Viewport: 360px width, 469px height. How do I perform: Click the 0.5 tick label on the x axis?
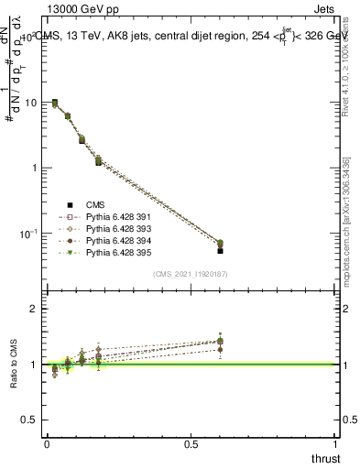(x=191, y=443)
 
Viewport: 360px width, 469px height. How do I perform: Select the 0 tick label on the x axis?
(x=47, y=443)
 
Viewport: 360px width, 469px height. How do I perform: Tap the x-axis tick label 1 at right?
(x=336, y=443)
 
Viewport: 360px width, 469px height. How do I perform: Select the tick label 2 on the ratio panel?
(x=34, y=309)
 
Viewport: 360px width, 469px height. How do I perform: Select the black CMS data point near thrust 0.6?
(x=220, y=249)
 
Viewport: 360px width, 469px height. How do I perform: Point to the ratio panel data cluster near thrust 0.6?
(x=220, y=343)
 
